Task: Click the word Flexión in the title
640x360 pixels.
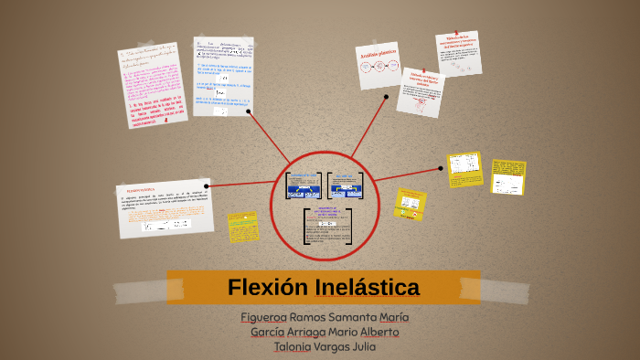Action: click(x=266, y=288)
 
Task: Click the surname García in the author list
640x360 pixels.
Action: click(x=269, y=332)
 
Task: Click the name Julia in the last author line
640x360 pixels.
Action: click(x=359, y=346)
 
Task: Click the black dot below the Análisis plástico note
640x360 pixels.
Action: click(x=387, y=96)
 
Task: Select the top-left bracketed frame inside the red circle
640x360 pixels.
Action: click(x=304, y=185)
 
